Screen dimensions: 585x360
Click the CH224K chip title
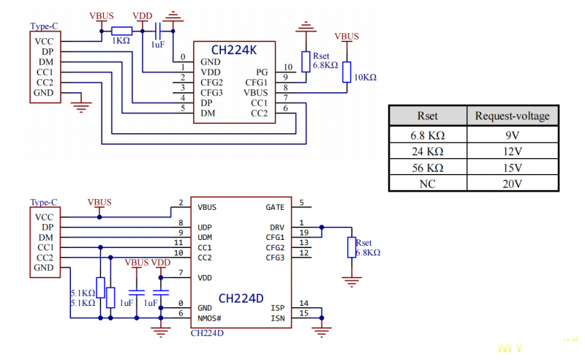(234, 50)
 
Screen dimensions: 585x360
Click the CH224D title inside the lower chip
(241, 299)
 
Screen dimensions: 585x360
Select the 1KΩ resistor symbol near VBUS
(121, 31)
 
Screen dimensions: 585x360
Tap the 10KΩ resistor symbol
(347, 72)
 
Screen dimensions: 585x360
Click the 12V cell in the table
(513, 151)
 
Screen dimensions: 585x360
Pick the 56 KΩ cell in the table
(428, 168)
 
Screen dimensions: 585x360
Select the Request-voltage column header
(513, 116)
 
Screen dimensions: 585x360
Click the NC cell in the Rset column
(428, 184)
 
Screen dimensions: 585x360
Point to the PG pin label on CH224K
(262, 72)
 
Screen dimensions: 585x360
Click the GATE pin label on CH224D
(275, 207)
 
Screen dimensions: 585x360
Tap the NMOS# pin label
(209, 318)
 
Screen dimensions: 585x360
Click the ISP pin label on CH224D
(278, 308)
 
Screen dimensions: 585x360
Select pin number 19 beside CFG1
(304, 233)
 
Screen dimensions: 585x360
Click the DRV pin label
(277, 228)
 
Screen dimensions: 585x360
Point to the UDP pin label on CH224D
(205, 228)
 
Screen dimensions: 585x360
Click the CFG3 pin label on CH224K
(211, 93)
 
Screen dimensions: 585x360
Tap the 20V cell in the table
(513, 184)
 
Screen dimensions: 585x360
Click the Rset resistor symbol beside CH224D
(352, 247)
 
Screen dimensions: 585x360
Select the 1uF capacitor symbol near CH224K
(158, 31)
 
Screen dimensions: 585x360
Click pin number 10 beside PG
(287, 67)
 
